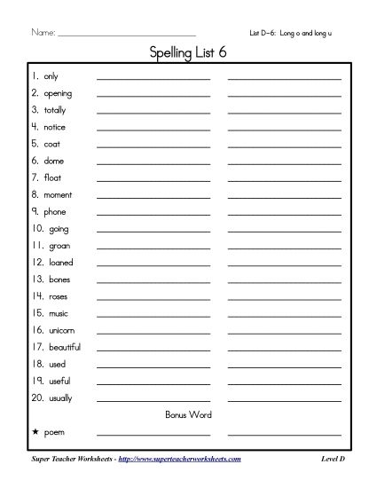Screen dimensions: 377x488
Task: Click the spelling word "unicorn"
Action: click(62, 329)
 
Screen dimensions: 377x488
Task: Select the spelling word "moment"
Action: click(58, 194)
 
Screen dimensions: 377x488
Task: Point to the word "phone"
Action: click(54, 212)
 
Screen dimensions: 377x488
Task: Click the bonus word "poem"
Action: click(55, 432)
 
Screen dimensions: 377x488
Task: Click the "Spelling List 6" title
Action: click(188, 56)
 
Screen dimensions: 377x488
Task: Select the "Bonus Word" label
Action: click(188, 414)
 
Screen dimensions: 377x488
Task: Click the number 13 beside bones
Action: click(36, 279)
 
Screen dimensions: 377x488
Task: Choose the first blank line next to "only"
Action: click(153, 79)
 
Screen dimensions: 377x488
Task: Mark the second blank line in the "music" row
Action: click(284, 315)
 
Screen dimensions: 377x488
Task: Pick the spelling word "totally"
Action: click(55, 111)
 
